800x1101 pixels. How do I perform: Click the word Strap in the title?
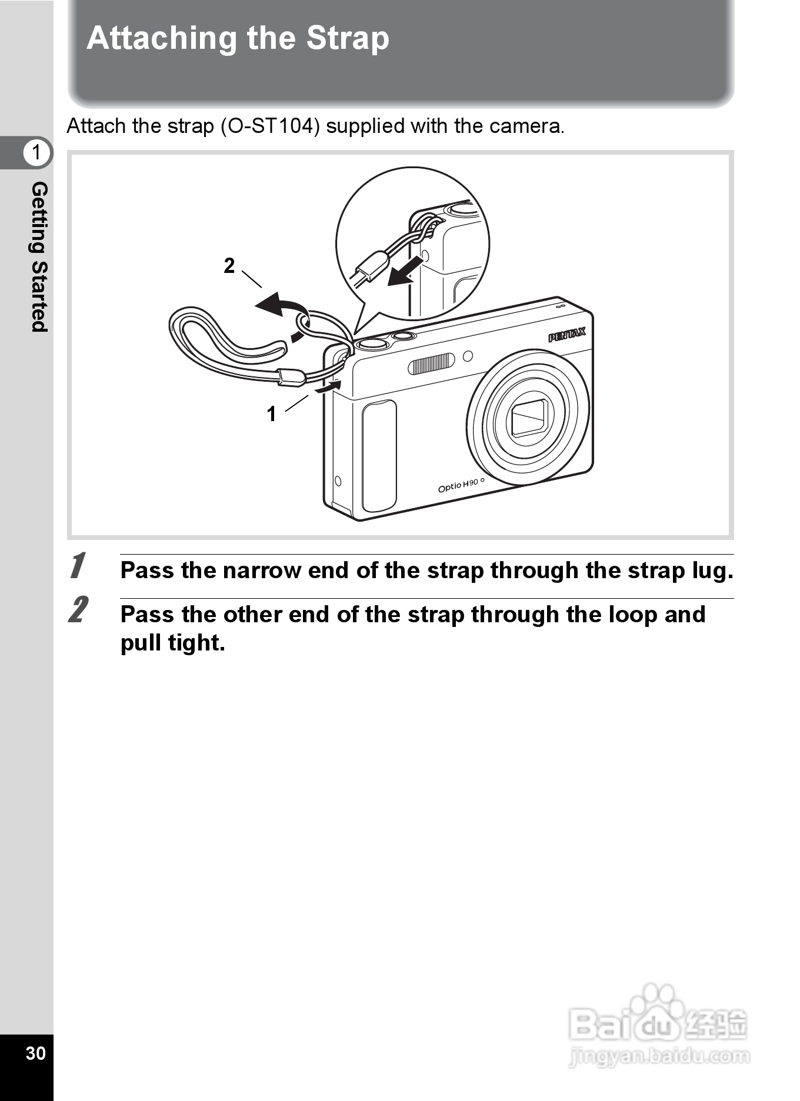(347, 39)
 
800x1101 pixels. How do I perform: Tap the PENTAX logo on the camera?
(567, 335)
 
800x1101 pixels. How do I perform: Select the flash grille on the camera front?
(432, 363)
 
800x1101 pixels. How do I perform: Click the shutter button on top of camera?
(372, 343)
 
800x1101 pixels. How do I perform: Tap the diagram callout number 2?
(229, 266)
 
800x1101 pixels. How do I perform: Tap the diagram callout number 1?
(271, 414)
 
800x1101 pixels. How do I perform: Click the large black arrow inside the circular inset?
(406, 271)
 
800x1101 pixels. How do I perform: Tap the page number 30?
(35, 1053)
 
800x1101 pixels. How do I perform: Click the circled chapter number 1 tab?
(36, 152)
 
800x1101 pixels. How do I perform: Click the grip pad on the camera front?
(379, 456)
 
